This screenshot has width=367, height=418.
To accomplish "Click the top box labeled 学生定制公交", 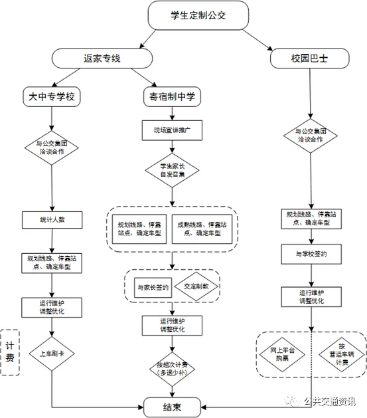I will (198, 15).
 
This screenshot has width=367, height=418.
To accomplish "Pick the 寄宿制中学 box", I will (173, 97).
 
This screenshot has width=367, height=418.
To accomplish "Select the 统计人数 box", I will (51, 219).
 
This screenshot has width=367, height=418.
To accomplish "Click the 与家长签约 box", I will (152, 287).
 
